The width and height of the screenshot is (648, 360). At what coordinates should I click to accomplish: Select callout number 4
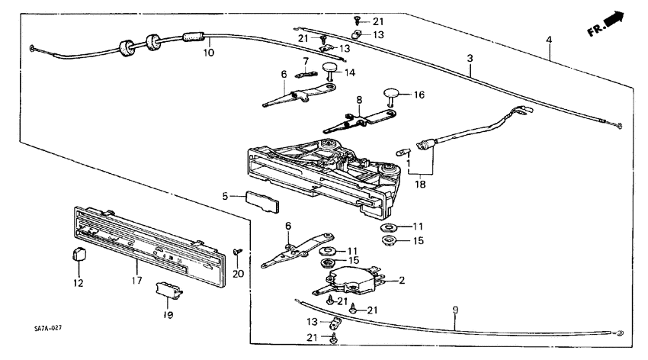549,39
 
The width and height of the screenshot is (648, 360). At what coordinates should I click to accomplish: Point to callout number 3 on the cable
470,57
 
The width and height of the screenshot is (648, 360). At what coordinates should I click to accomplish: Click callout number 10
208,53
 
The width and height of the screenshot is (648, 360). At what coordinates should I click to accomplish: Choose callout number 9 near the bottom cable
455,310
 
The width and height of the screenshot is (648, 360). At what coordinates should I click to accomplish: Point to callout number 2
402,280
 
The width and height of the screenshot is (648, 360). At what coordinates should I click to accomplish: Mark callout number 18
419,184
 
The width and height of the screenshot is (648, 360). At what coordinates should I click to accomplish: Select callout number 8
358,100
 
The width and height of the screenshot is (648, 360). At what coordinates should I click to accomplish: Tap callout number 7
305,61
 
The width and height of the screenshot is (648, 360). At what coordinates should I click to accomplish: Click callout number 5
225,196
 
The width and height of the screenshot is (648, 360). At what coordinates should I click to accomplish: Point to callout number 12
76,283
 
